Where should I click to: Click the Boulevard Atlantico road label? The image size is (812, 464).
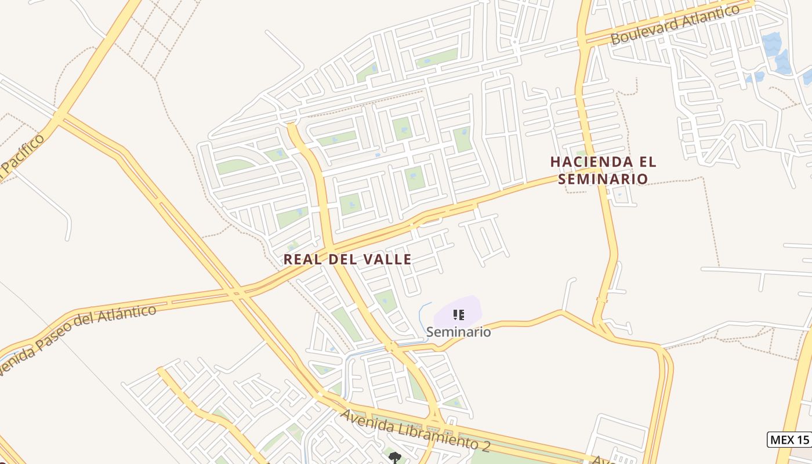[676, 24]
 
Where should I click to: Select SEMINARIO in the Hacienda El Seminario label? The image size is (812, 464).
[603, 179]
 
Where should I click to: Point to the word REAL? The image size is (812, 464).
[303, 259]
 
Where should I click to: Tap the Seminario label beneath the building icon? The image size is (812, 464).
[458, 332]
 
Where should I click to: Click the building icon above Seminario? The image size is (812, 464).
[458, 315]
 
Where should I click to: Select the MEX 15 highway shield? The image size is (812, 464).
[788, 440]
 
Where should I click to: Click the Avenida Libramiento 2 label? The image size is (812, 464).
[415, 430]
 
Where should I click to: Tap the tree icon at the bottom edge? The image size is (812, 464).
[394, 458]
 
